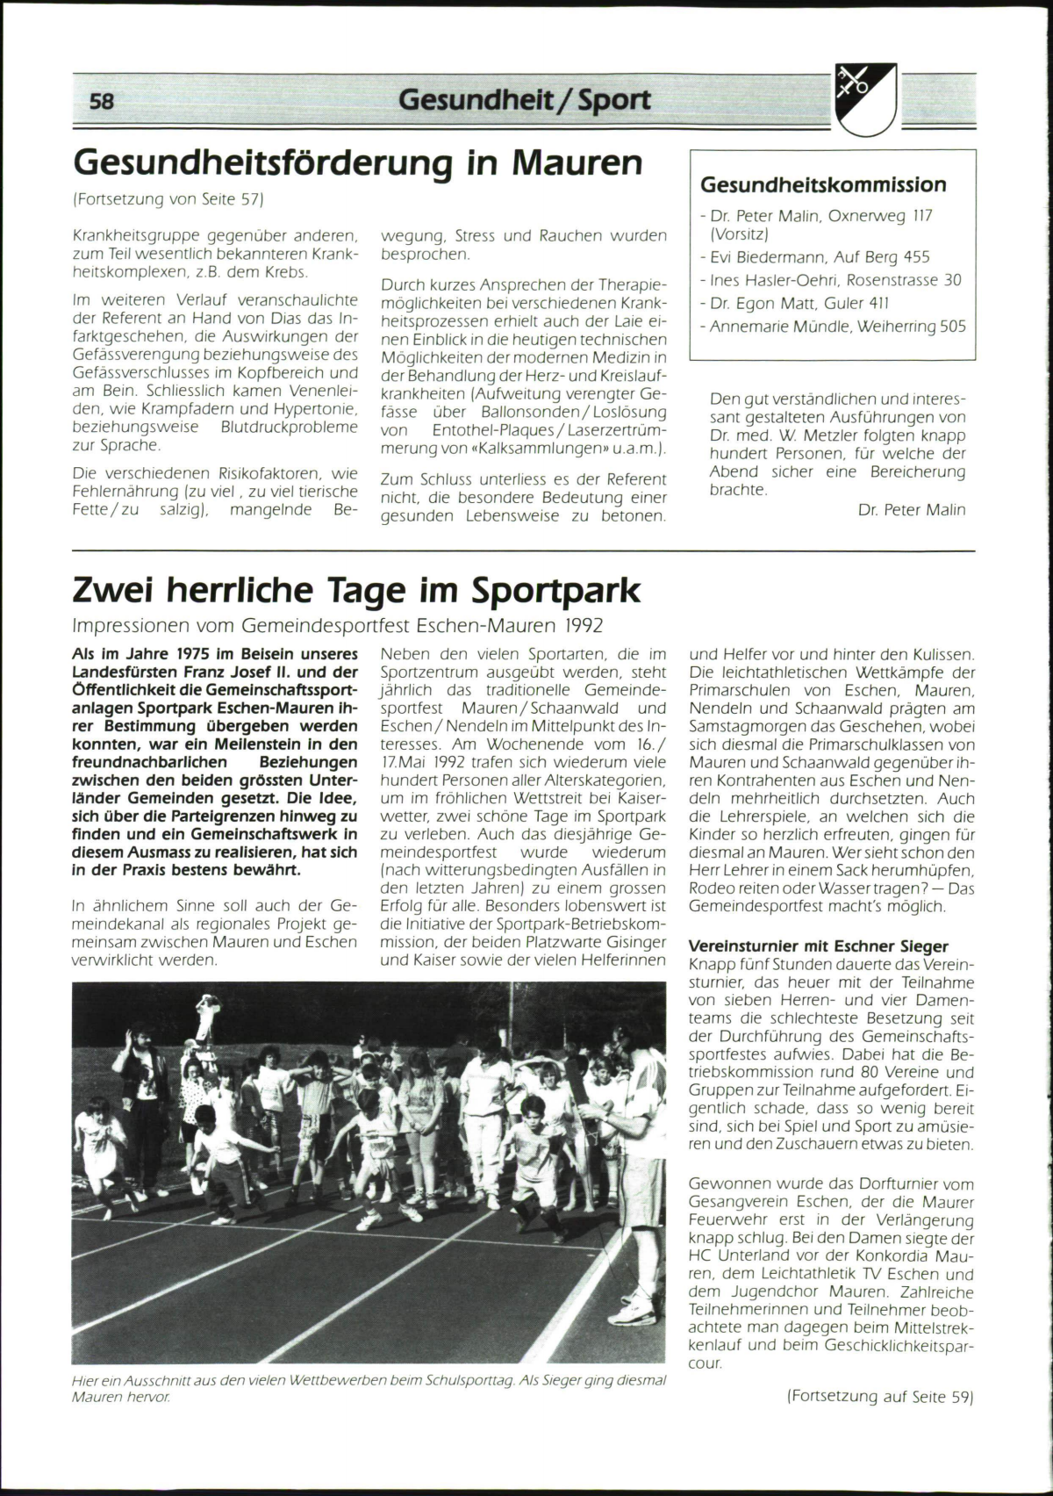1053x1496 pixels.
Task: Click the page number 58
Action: tap(102, 101)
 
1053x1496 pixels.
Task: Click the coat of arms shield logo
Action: tap(866, 99)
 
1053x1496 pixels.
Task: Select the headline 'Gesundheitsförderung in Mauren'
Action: tap(358, 162)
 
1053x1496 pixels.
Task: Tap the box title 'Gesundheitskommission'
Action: tap(823, 184)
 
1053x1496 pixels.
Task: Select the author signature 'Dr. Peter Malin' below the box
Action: tap(912, 509)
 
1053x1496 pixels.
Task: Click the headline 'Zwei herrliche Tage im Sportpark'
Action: tap(356, 591)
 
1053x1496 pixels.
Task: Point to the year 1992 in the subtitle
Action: tap(584, 627)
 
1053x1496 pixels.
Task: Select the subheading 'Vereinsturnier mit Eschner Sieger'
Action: tap(818, 946)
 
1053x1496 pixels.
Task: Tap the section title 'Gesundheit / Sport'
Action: tap(525, 100)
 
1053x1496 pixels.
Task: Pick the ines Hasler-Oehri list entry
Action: tap(835, 281)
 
